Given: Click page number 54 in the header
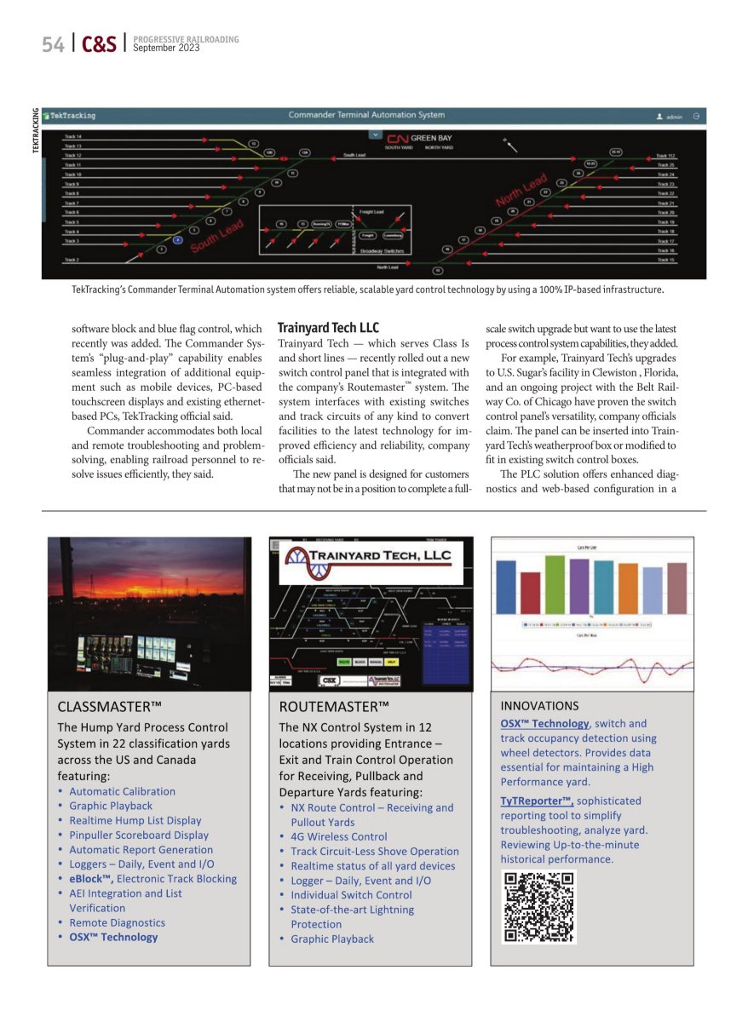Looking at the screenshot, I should click(x=53, y=44).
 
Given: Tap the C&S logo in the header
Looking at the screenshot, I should click(x=99, y=44).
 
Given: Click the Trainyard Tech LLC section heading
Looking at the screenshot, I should click(x=328, y=328).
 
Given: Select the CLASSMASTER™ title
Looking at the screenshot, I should click(x=109, y=706).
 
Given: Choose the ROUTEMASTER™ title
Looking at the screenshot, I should click(x=334, y=706).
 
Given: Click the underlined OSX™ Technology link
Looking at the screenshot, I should click(x=545, y=723).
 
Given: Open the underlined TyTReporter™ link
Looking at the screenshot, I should click(x=537, y=801).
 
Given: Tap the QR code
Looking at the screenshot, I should click(x=538, y=906).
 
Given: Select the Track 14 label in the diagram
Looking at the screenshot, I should click(x=73, y=137).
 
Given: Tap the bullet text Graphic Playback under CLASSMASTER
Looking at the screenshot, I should click(x=111, y=806).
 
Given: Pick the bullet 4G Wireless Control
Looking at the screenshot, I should click(x=338, y=836).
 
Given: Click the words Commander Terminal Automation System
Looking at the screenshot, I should click(x=366, y=115).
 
